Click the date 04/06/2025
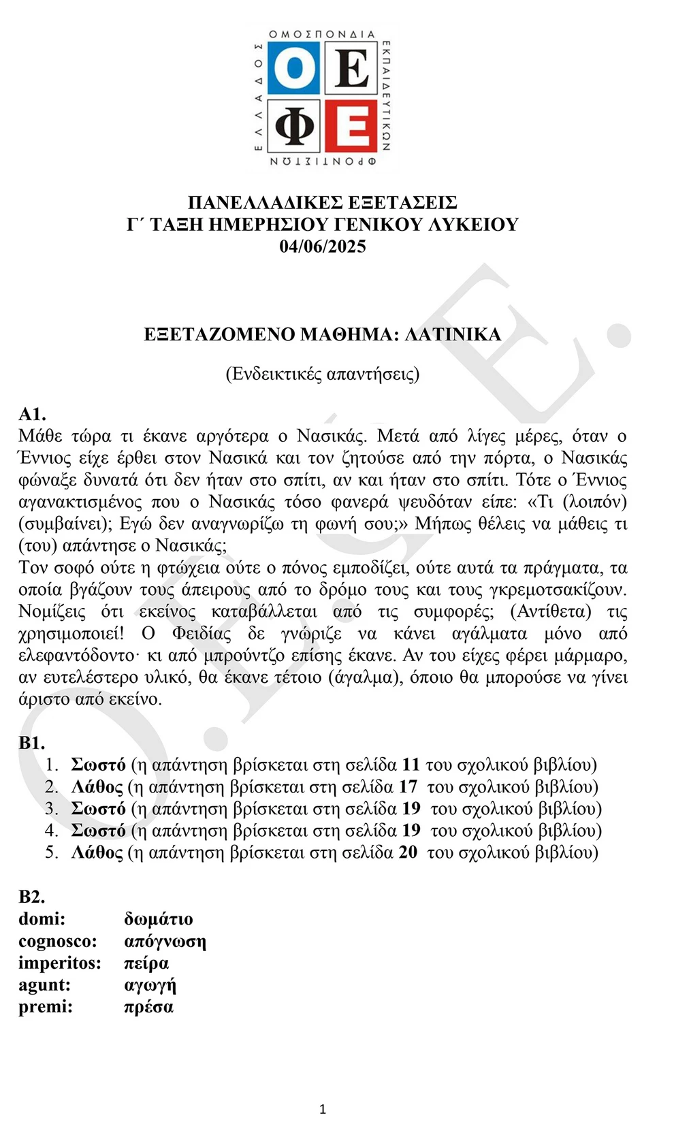click(323, 246)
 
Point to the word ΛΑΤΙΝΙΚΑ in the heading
click(453, 334)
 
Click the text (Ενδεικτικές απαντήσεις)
click(323, 374)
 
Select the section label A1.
click(32, 414)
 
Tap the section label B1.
click(32, 743)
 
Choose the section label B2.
click(32, 897)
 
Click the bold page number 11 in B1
click(411, 765)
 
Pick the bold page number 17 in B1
click(408, 787)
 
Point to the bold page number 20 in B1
click(408, 852)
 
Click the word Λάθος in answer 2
click(97, 787)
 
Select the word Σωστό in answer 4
click(99, 831)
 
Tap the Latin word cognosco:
click(58, 942)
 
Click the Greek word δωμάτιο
click(159, 919)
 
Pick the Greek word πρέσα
click(148, 1007)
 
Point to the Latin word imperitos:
click(60, 963)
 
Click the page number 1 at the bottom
click(323, 1110)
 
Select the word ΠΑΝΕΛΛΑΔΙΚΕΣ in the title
click(265, 203)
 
